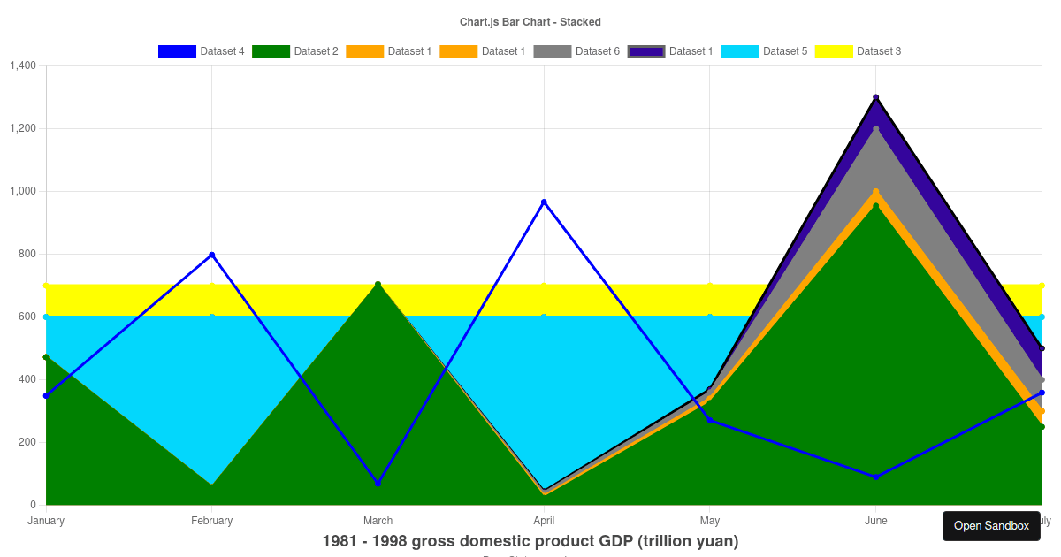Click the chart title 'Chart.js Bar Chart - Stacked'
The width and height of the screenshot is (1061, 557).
click(530, 21)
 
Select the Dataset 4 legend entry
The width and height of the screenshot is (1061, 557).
click(201, 51)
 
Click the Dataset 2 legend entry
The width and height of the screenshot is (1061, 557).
click(294, 51)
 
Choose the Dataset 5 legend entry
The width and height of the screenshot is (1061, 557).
click(764, 51)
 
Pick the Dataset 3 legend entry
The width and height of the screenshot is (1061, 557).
click(858, 51)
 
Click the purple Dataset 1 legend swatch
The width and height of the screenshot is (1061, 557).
click(646, 51)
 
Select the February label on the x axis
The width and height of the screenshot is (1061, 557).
click(212, 521)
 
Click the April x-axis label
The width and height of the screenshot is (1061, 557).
click(544, 521)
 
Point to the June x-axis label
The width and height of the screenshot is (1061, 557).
click(875, 521)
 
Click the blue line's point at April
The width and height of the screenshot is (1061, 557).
click(544, 202)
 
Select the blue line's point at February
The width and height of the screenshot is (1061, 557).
click(212, 255)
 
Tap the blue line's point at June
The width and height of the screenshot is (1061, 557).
click(875, 477)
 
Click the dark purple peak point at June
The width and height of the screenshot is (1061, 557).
click(875, 97)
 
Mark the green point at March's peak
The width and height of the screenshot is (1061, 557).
click(378, 285)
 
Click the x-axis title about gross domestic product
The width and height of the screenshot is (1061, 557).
click(530, 541)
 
